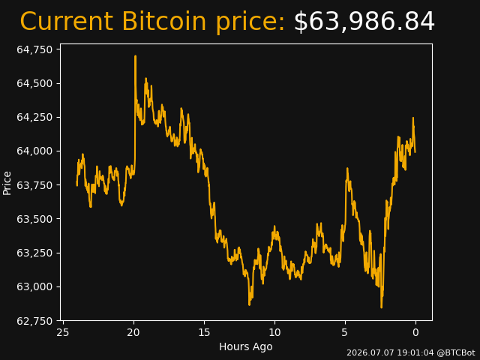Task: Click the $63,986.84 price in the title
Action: [364, 22]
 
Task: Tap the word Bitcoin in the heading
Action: [163, 21]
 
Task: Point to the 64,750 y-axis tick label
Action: [34, 49]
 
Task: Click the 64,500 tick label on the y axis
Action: [34, 83]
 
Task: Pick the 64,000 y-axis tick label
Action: [34, 151]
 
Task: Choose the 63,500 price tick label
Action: [34, 219]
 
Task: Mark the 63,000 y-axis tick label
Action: [34, 286]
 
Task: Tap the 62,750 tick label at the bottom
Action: [34, 321]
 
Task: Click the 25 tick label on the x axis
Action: [63, 332]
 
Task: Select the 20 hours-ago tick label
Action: [133, 332]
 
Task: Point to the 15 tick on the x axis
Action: [204, 332]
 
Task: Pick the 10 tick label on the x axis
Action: [274, 332]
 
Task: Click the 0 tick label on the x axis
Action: [415, 332]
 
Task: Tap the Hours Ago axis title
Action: [246, 346]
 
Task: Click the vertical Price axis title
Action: [7, 183]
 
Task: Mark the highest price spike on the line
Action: [135, 56]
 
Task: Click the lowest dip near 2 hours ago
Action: [382, 307]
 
